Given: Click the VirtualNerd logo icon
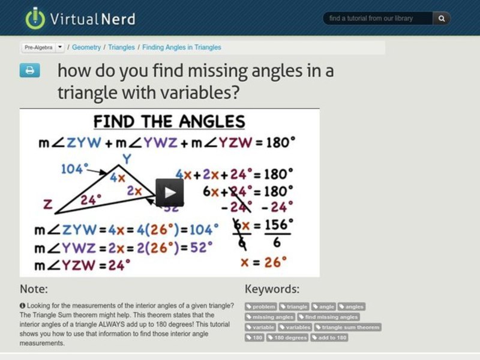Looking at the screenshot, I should coord(35,19).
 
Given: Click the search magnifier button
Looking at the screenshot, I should coord(442,19).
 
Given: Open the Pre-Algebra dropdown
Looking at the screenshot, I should coord(43,47).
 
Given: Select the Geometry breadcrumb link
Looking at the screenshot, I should coord(86,47).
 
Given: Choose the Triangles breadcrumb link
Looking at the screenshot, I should coord(121,47).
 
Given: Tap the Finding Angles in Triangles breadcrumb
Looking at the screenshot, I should coord(182,47).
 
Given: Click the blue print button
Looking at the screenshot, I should coord(30,70).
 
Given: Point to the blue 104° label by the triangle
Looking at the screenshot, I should coord(75,169).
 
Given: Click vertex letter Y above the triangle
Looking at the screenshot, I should coord(126,160).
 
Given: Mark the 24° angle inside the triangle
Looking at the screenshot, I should coord(91,199).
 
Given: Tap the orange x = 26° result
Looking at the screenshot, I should coord(263,262).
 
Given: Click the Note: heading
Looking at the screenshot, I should coord(34,289).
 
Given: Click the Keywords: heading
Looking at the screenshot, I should coord(272,289).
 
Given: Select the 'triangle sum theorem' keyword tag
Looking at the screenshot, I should coord(348,328).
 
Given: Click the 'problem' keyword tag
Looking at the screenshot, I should coord(261,307).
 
